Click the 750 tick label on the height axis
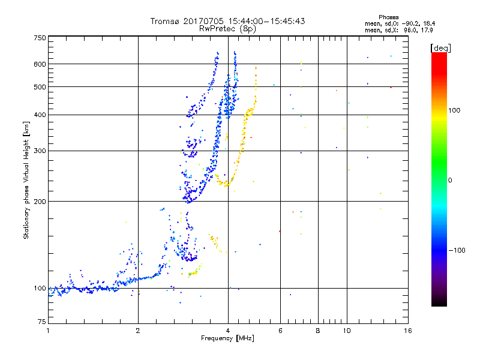pyautogui.click(x=40, y=38)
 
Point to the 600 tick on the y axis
pyautogui.click(x=40, y=64)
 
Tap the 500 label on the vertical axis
pyautogui.click(x=40, y=86)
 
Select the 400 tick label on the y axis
pyautogui.click(x=40, y=115)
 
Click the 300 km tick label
pyautogui.click(x=40, y=151)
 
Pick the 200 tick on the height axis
pyautogui.click(x=40, y=201)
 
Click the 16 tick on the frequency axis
pyautogui.click(x=407, y=331)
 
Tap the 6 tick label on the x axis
pyautogui.click(x=280, y=331)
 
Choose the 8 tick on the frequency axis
pyautogui.click(x=318, y=331)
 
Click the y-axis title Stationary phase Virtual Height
pyautogui.click(x=26, y=180)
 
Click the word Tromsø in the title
pyautogui.click(x=164, y=21)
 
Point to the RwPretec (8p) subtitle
pyautogui.click(x=227, y=28)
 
